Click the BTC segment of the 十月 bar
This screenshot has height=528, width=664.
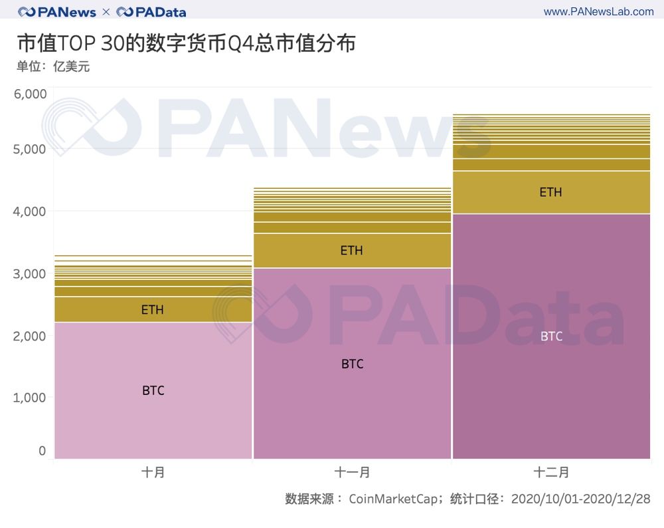click(x=153, y=390)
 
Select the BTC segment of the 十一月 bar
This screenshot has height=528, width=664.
click(x=352, y=364)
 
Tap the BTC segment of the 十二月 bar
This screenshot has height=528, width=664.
click(x=551, y=336)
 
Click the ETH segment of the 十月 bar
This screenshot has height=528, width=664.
click(x=153, y=309)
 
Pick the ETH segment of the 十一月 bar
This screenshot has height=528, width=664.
click(x=352, y=251)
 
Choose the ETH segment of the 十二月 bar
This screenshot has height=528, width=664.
click(x=551, y=192)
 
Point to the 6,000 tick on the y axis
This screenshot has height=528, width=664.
click(x=31, y=94)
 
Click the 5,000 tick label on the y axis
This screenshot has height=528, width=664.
click(x=31, y=149)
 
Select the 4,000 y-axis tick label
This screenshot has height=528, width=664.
click(x=31, y=211)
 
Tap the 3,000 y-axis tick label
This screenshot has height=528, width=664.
click(x=31, y=274)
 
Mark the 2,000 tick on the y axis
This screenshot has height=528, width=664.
click(x=31, y=336)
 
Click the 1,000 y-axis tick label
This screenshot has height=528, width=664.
click(x=31, y=398)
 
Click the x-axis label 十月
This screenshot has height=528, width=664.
click(x=153, y=473)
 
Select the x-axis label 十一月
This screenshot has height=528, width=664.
click(x=352, y=473)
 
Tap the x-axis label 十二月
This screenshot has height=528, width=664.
click(x=551, y=473)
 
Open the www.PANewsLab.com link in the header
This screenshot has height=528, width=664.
click(x=598, y=11)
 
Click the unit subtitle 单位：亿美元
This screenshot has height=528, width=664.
click(x=53, y=66)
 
